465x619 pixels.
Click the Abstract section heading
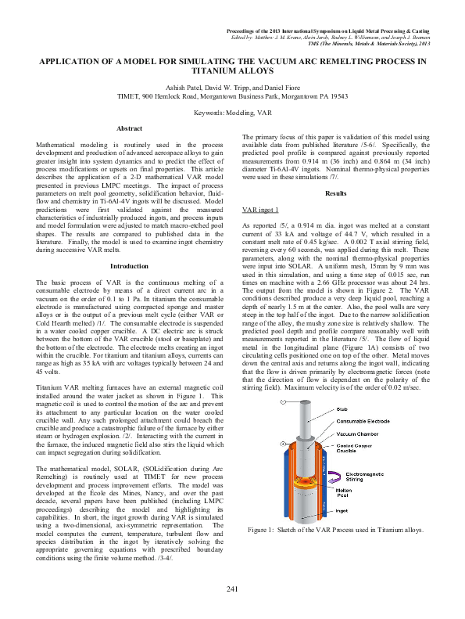coord(128,128)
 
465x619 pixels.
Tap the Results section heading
coord(335,193)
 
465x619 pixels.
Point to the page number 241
coord(232,588)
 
